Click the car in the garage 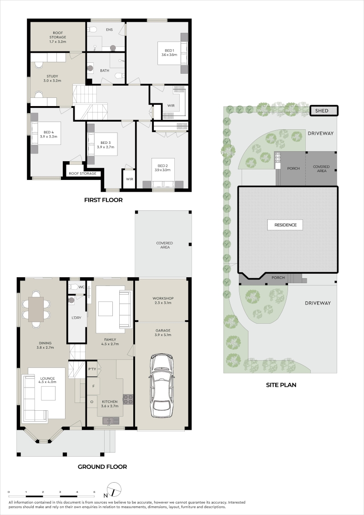tap(162, 385)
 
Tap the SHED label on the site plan tap(321, 111)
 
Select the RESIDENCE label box tap(286, 225)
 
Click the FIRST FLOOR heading tap(103, 200)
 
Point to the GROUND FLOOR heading tap(102, 467)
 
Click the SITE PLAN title tap(281, 385)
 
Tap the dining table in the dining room tap(36, 309)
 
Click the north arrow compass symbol tap(113, 490)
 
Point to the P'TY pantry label tap(92, 369)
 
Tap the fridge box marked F tap(94, 386)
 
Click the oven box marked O tap(92, 402)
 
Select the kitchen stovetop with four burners tap(128, 399)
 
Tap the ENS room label tap(109, 30)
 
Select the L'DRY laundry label tap(76, 317)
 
